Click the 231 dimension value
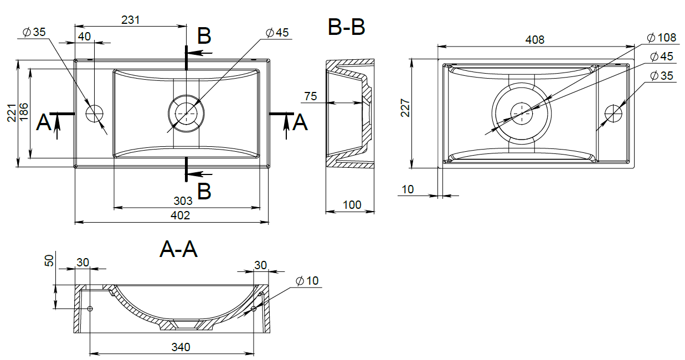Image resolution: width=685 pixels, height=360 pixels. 131,20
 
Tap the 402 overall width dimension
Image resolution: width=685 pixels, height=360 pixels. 180,215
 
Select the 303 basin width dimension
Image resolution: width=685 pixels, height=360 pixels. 183,200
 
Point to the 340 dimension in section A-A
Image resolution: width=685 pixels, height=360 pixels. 181,347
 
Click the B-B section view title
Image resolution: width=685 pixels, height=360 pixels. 347,27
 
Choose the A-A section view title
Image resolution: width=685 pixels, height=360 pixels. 179,249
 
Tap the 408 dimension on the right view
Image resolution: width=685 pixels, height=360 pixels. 535,39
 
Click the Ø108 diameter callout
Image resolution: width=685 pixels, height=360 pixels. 661,38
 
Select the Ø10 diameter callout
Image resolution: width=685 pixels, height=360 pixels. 307,280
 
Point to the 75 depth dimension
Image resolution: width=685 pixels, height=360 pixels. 311,96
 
